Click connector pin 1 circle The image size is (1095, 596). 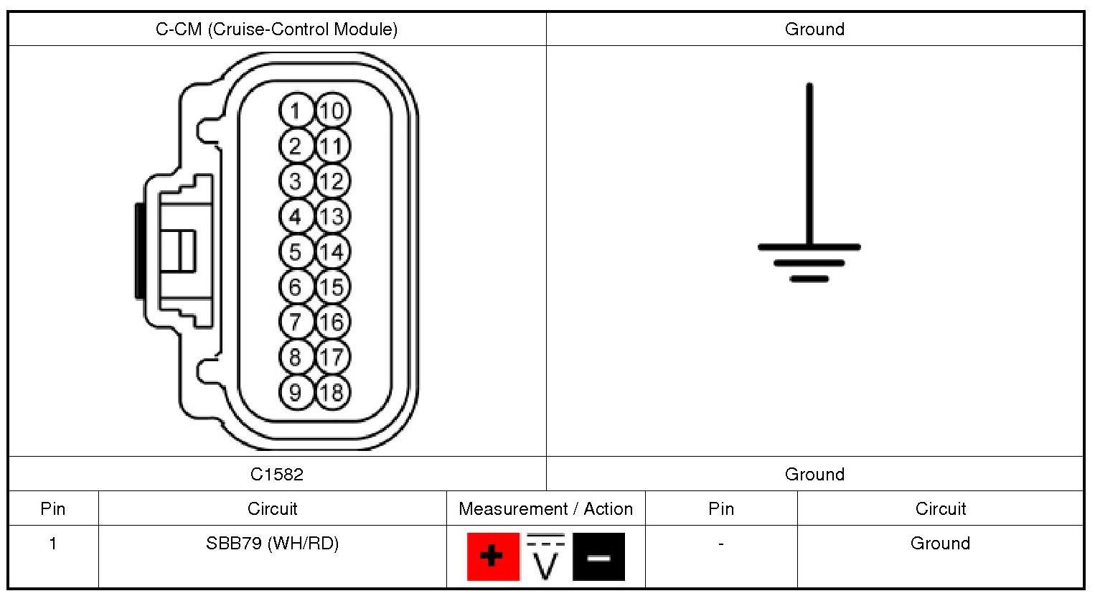point(295,111)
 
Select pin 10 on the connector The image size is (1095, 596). point(332,111)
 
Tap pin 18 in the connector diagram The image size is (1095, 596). point(332,392)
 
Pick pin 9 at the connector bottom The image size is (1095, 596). point(295,392)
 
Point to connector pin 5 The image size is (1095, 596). point(295,251)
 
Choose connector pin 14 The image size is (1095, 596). point(332,251)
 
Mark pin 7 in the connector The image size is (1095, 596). point(295,322)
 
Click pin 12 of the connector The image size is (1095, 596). point(332,181)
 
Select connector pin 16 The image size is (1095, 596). point(332,322)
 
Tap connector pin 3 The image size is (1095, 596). point(295,181)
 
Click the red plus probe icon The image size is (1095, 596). point(493,557)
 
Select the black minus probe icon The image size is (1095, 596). point(598,557)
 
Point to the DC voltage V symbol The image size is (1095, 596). point(546,557)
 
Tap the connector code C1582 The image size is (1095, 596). point(277,474)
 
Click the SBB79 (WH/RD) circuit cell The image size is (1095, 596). point(272,544)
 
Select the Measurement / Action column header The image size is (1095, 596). point(545,509)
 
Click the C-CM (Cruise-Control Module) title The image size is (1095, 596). point(277,29)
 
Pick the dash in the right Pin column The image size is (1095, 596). point(720,544)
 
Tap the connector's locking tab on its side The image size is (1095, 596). point(176,251)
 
